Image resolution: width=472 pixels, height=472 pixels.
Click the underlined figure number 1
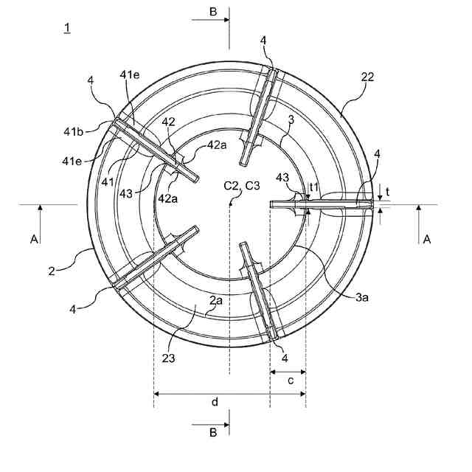point(67,28)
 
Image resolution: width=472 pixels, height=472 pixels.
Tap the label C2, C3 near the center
point(242,185)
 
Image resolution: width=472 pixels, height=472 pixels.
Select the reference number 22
point(367,77)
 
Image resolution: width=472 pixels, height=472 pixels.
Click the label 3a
point(362,297)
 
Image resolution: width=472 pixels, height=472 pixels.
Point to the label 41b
point(73,131)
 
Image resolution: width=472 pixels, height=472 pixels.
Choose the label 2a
point(216,300)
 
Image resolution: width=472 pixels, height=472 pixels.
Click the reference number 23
point(168,358)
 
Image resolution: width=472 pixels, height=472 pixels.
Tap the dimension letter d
point(215,402)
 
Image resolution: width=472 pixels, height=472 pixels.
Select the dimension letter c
point(291,381)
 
